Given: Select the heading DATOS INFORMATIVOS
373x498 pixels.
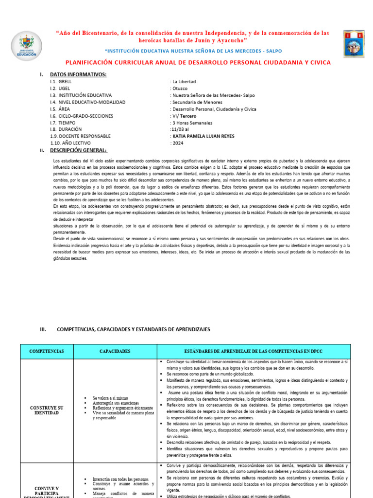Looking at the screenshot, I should click(78, 74).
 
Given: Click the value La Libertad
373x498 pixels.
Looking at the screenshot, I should click(183, 82).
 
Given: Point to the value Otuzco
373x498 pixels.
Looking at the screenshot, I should click(179, 89).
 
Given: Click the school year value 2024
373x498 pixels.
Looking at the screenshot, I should click(177, 143).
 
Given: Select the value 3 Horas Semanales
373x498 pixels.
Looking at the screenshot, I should click(192, 123).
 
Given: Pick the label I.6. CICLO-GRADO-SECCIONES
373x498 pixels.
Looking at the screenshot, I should click(81, 116).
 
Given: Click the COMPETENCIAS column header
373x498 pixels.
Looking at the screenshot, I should click(47, 351).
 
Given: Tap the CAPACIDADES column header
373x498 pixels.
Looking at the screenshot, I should click(115, 351).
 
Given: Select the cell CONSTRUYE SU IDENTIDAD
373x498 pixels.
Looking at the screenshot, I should click(47, 410).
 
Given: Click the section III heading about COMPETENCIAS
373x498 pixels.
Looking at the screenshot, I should click(133, 329).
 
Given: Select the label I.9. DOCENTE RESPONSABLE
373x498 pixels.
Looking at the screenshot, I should click(80, 136).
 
